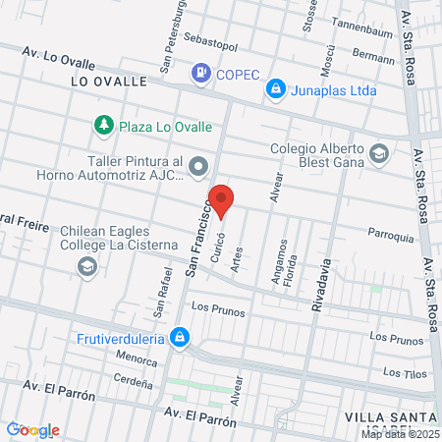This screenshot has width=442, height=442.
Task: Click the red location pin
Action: (x=223, y=199)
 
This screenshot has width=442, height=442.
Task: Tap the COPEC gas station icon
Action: (x=201, y=72)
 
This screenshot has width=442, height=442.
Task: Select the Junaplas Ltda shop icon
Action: (x=277, y=89)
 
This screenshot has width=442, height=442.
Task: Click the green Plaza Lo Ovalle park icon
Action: (x=103, y=126)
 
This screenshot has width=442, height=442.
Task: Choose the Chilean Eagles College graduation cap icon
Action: (x=87, y=266)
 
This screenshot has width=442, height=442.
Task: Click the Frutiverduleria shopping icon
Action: (x=179, y=339)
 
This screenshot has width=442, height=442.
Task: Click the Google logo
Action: (x=32, y=429)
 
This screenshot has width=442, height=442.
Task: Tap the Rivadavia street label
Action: (x=318, y=281)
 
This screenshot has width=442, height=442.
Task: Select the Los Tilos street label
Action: (x=404, y=372)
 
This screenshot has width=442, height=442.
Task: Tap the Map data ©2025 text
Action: (x=400, y=433)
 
